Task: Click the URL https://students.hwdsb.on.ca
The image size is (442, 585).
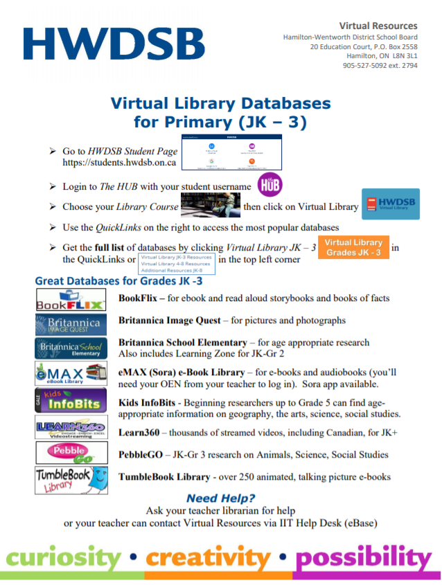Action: (119, 163)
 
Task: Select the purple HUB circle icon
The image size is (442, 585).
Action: (269, 186)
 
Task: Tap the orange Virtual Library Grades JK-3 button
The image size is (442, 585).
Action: (353, 248)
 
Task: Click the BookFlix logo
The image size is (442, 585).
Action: (71, 300)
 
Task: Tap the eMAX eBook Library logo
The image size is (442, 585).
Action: (71, 374)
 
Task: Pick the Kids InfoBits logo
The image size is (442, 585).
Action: (71, 400)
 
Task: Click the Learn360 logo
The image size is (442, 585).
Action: (71, 427)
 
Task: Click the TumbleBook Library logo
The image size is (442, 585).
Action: (71, 479)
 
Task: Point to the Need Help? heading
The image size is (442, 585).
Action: (220, 498)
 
